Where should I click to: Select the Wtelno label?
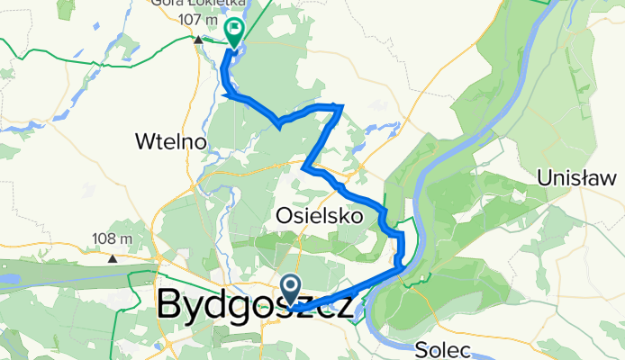171,141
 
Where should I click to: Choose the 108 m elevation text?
113,239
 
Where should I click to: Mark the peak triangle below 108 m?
113,258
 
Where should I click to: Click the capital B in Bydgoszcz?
168,302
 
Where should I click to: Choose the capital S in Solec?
421,348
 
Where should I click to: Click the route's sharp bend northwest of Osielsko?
304,167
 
